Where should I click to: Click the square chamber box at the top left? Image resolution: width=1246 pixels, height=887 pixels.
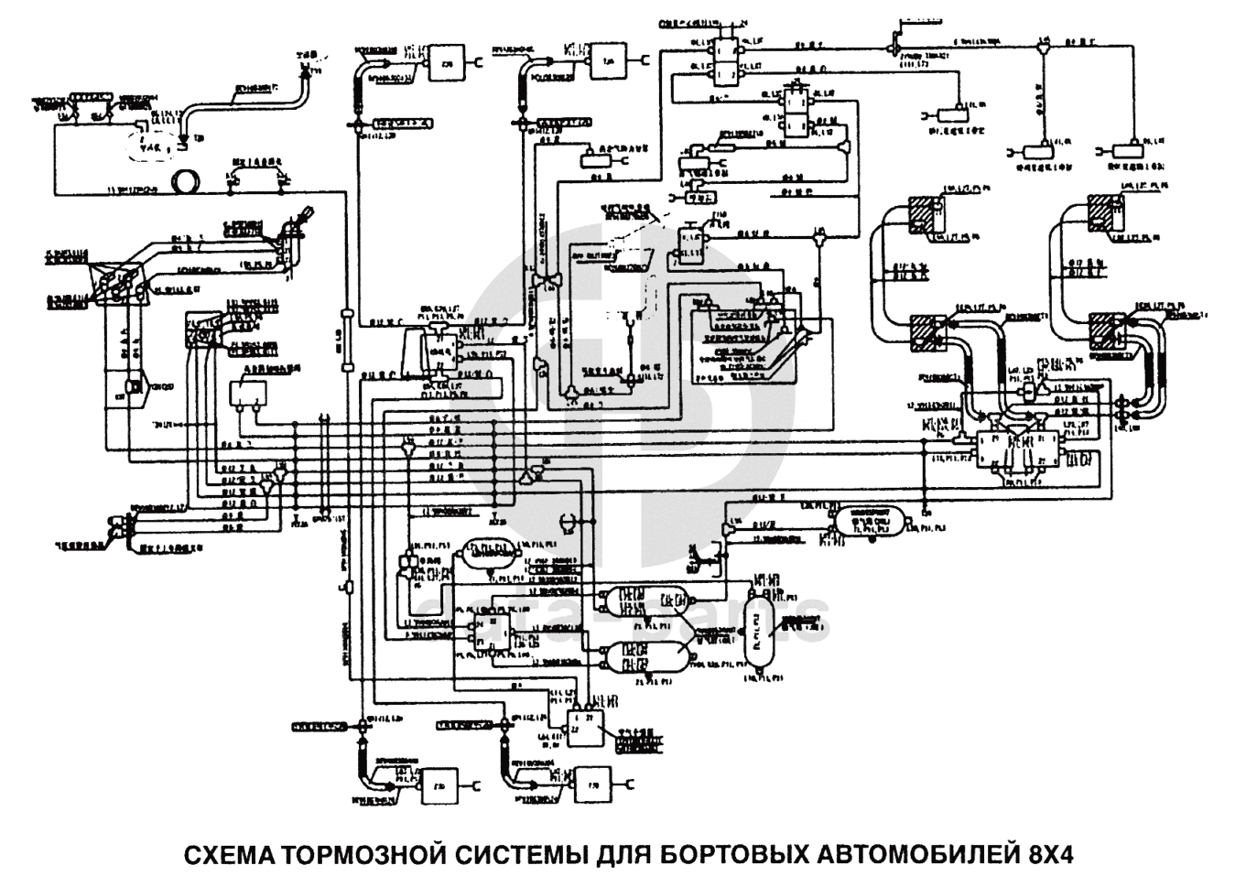pyautogui.click(x=448, y=62)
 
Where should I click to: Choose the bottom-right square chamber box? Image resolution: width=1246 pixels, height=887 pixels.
pyautogui.click(x=605, y=783)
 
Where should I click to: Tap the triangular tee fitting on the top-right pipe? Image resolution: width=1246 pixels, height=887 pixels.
pyautogui.click(x=1045, y=44)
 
